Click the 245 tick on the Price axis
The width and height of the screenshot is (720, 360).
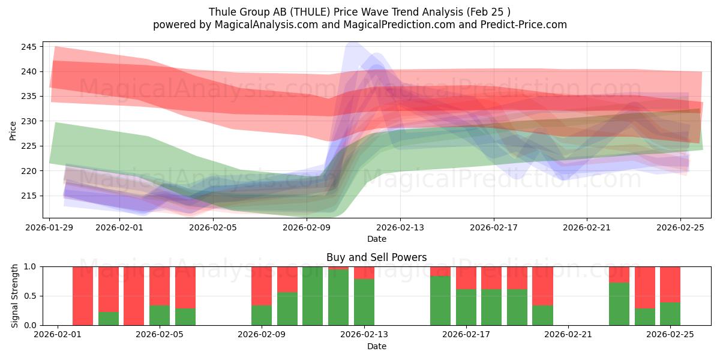coord(28,47)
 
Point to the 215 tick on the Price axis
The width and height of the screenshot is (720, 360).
coord(28,196)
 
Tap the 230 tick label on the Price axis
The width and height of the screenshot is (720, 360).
coord(28,121)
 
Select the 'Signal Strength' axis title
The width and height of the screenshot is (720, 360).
coord(15,296)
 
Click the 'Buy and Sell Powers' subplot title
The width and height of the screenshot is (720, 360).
coord(376,257)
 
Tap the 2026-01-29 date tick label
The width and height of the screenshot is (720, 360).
coord(50,227)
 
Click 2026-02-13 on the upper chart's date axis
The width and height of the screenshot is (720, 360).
coord(400,227)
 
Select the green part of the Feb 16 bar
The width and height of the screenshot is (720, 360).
coord(440,300)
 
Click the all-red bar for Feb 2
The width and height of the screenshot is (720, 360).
coord(83,296)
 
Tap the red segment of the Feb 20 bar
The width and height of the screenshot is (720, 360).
coord(542,286)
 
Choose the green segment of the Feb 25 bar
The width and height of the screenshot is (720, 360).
coord(670,313)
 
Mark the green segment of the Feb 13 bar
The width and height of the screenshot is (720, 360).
coord(364,302)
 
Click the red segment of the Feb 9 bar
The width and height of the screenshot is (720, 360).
coord(262,286)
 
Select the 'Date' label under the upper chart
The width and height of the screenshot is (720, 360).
coord(376,239)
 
